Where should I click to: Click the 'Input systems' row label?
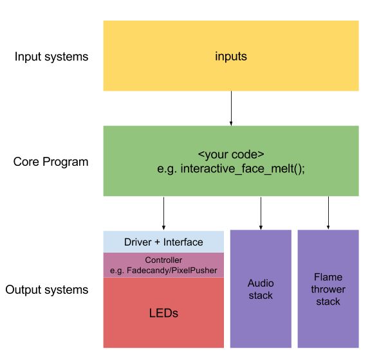click(x=51, y=57)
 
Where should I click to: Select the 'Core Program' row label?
click(x=51, y=161)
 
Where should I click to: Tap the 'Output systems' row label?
click(x=47, y=290)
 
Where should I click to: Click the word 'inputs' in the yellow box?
click(x=230, y=57)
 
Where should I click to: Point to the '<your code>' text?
click(x=230, y=156)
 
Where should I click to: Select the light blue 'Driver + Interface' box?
click(x=163, y=242)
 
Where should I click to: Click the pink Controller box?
click(x=163, y=265)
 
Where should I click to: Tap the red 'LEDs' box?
click(x=163, y=313)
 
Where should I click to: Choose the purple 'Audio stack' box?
click(x=260, y=289)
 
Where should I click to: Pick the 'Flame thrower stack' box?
click(x=328, y=289)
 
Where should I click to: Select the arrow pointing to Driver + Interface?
click(x=163, y=213)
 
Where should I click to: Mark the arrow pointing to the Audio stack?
click(x=261, y=213)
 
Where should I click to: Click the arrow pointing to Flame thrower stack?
click(x=328, y=213)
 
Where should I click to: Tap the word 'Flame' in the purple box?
click(x=328, y=278)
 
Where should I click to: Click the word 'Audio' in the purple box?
click(x=261, y=283)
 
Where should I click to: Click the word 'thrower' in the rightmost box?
click(x=328, y=289)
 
